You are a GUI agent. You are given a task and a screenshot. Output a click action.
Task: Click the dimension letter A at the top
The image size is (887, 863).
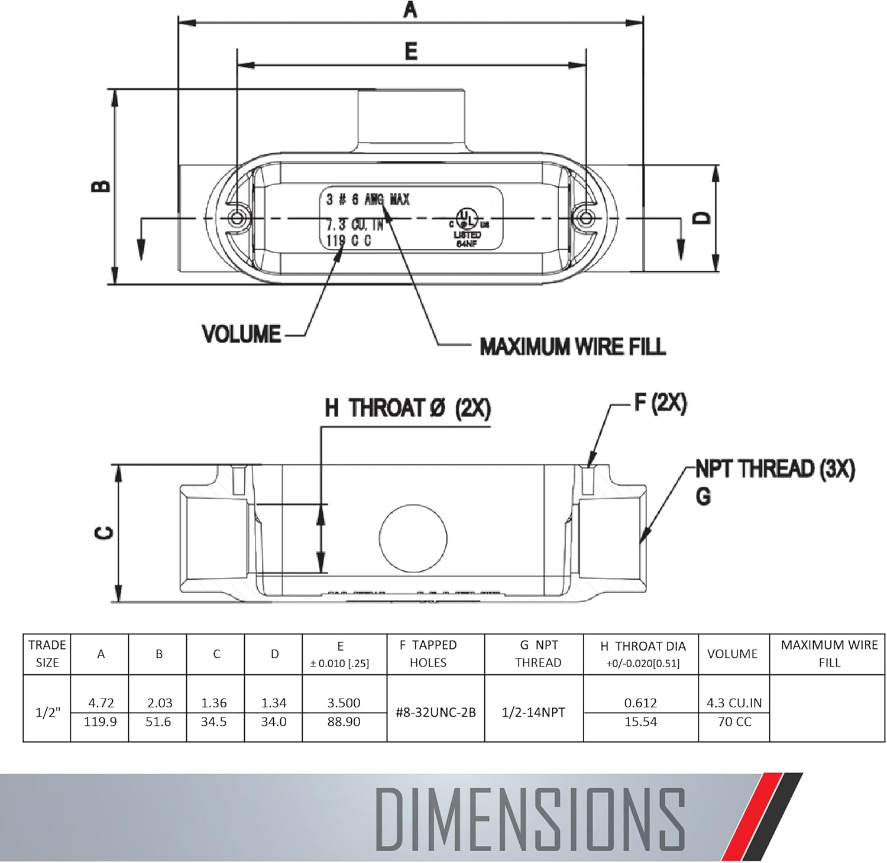click(x=410, y=9)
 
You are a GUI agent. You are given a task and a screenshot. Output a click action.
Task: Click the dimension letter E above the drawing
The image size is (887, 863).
click(x=411, y=51)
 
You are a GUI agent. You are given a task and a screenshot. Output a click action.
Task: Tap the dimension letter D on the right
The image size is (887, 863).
click(x=701, y=218)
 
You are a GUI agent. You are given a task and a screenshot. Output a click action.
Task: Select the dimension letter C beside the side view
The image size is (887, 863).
click(x=104, y=533)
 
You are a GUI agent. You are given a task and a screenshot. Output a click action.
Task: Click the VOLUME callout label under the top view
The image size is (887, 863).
click(x=241, y=334)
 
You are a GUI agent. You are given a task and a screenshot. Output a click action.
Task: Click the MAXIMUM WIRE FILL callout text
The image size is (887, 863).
click(x=572, y=346)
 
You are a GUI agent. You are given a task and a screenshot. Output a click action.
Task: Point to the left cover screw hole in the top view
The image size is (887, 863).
click(x=238, y=218)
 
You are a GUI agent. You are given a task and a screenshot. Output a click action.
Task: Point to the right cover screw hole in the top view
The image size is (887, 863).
click(x=585, y=218)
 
